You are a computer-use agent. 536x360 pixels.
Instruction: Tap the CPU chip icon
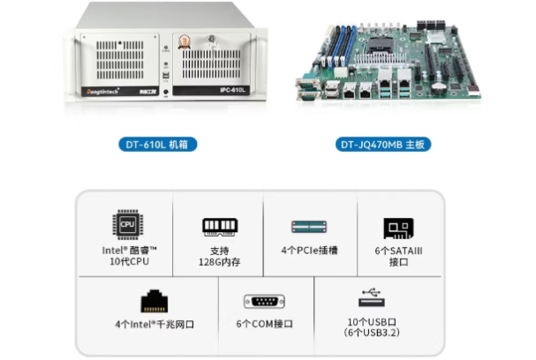[127, 225]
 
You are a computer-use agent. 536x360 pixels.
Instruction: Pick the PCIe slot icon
[311, 228]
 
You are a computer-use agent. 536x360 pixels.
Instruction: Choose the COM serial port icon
[264, 302]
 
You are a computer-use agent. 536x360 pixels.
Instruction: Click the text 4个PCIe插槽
[311, 251]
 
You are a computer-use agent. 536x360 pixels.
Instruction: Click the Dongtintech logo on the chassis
[104, 90]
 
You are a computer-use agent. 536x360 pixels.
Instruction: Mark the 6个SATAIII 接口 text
[398, 256]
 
